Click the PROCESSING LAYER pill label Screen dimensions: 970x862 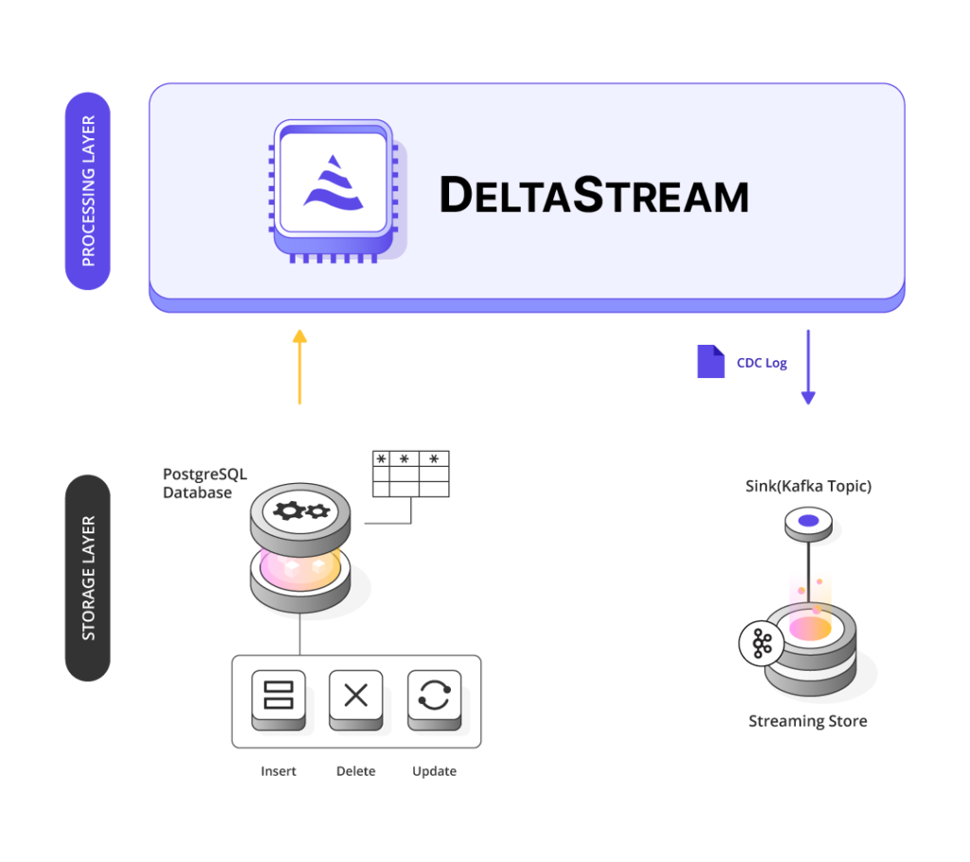(x=88, y=190)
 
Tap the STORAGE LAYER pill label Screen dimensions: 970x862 (x=88, y=578)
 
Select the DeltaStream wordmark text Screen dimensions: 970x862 (x=594, y=195)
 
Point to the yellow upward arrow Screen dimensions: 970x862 (x=300, y=367)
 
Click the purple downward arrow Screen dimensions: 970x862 (x=808, y=367)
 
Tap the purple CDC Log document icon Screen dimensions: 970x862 (x=710, y=362)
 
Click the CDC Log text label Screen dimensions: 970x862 (x=762, y=363)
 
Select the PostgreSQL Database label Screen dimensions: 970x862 (x=205, y=483)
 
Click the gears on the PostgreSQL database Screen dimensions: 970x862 (x=301, y=512)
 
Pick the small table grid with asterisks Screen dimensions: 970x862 (x=411, y=474)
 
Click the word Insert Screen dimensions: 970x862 (x=278, y=771)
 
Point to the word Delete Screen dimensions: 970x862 (x=356, y=771)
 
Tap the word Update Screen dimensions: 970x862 (x=434, y=771)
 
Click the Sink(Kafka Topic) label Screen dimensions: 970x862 (x=808, y=486)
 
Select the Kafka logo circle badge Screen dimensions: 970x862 (x=762, y=643)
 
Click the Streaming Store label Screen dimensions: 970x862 (x=808, y=722)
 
